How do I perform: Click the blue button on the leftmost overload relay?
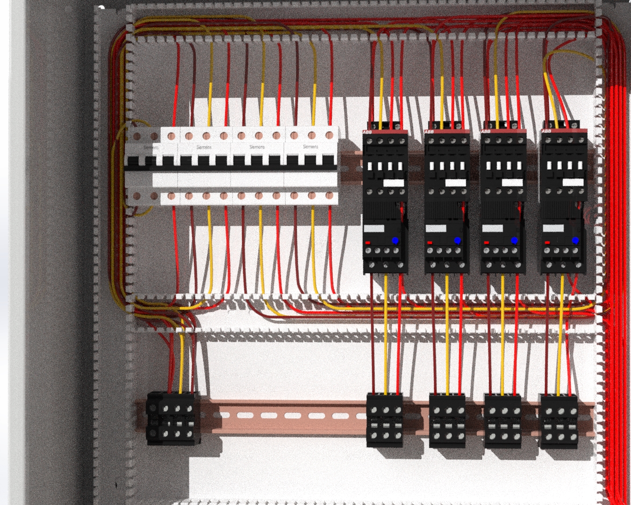click(x=395, y=241)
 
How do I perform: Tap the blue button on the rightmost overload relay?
click(x=575, y=241)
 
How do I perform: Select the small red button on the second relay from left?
click(x=430, y=243)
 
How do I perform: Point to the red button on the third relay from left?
click(x=487, y=243)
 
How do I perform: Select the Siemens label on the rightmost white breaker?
click(x=310, y=147)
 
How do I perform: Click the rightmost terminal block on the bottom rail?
click(x=559, y=421)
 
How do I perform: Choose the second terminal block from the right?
click(x=503, y=421)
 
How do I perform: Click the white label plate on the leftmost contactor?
click(x=394, y=183)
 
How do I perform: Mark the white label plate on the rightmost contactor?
click(x=573, y=183)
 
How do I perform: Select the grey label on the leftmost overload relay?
click(x=374, y=229)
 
